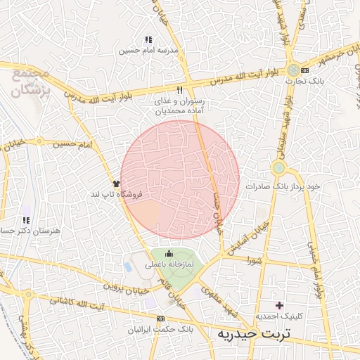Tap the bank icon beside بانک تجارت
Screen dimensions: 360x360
pos(304,70)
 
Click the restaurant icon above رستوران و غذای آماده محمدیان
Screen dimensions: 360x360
pos(180,90)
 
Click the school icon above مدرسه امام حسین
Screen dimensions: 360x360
pos(148,40)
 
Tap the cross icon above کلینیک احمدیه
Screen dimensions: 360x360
pos(280,305)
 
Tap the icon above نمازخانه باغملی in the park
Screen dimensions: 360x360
pos(169,254)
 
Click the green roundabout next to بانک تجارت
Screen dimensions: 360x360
pos(292,70)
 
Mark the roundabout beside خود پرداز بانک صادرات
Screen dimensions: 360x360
pos(279,167)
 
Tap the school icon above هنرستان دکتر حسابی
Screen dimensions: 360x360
pos(27,220)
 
